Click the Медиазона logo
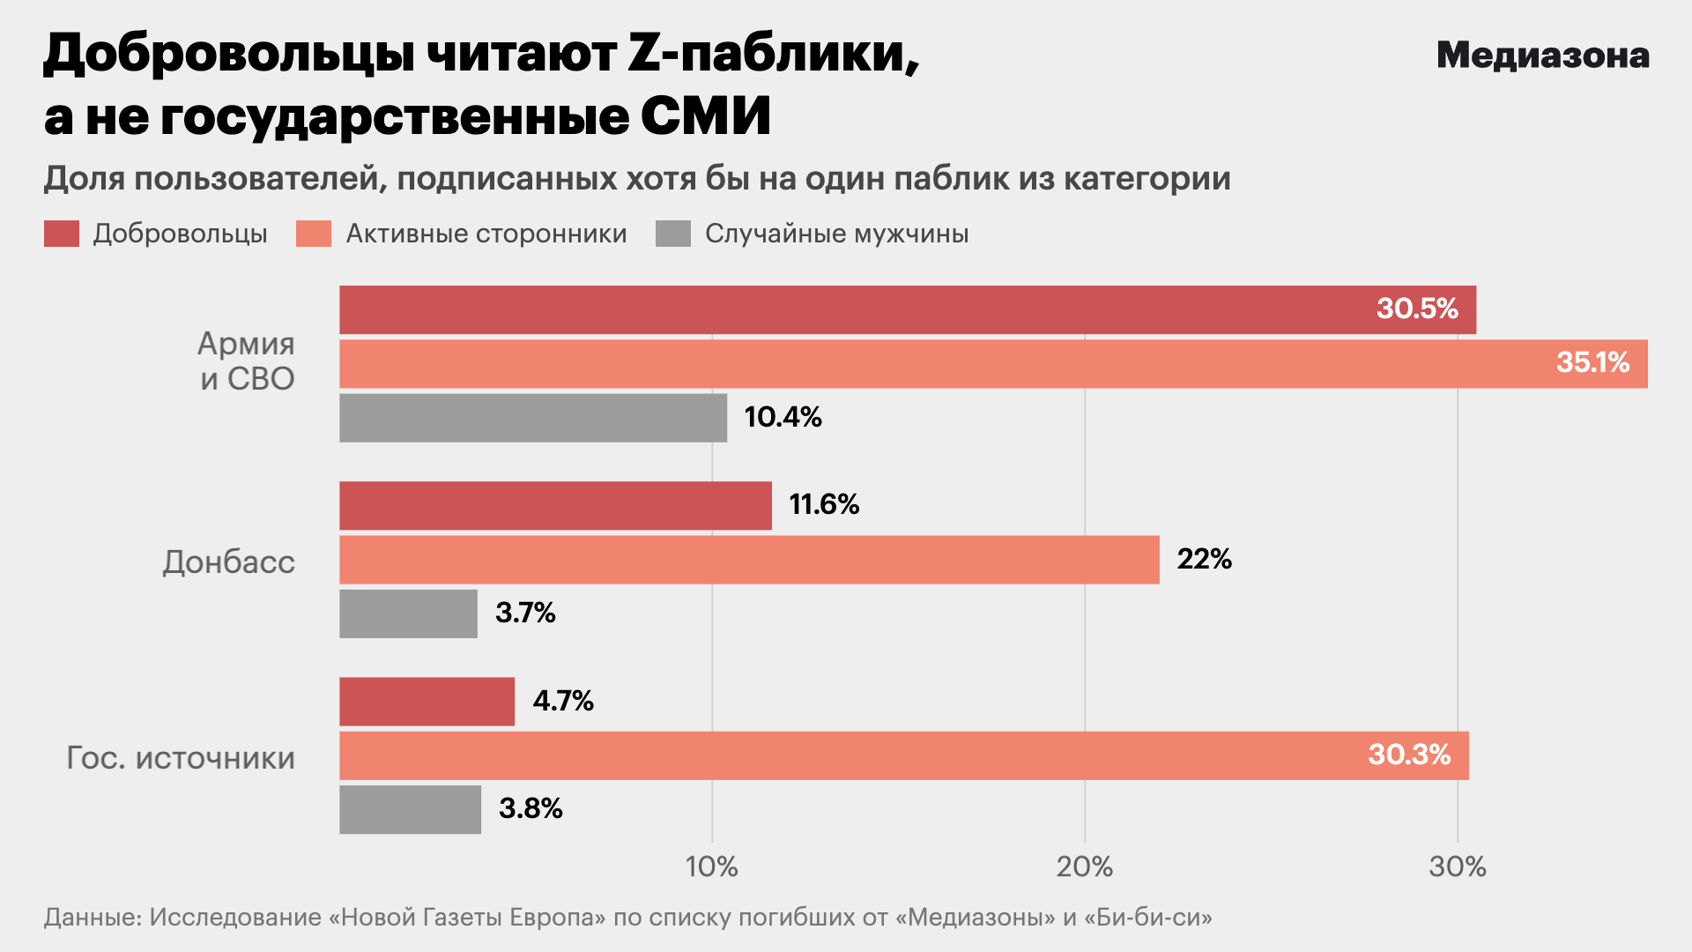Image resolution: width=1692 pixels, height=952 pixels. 1542,56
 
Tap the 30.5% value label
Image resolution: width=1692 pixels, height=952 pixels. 1417,309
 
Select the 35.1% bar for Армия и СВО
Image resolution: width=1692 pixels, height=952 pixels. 993,363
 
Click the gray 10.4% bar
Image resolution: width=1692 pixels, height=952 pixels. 533,418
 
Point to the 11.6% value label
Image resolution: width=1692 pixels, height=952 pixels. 824,504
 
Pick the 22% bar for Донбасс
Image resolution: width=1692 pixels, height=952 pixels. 749,560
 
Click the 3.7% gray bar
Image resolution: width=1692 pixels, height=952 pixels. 408,614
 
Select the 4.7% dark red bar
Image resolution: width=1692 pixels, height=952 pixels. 427,702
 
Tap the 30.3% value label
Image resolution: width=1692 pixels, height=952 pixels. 1408,755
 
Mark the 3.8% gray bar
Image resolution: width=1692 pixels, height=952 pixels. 410,809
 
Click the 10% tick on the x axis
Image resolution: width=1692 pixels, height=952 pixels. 712,867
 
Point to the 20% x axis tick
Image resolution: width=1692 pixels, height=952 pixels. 1085,867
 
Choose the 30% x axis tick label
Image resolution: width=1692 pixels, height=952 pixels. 1458,867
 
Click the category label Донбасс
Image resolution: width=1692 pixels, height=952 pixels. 229,562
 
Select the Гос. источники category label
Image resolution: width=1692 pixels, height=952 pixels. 181,758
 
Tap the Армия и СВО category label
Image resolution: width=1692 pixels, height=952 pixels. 246,361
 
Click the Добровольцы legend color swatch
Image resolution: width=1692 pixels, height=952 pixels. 62,234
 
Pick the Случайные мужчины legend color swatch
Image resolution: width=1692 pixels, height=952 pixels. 673,234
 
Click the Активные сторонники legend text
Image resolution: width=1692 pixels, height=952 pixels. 486,234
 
